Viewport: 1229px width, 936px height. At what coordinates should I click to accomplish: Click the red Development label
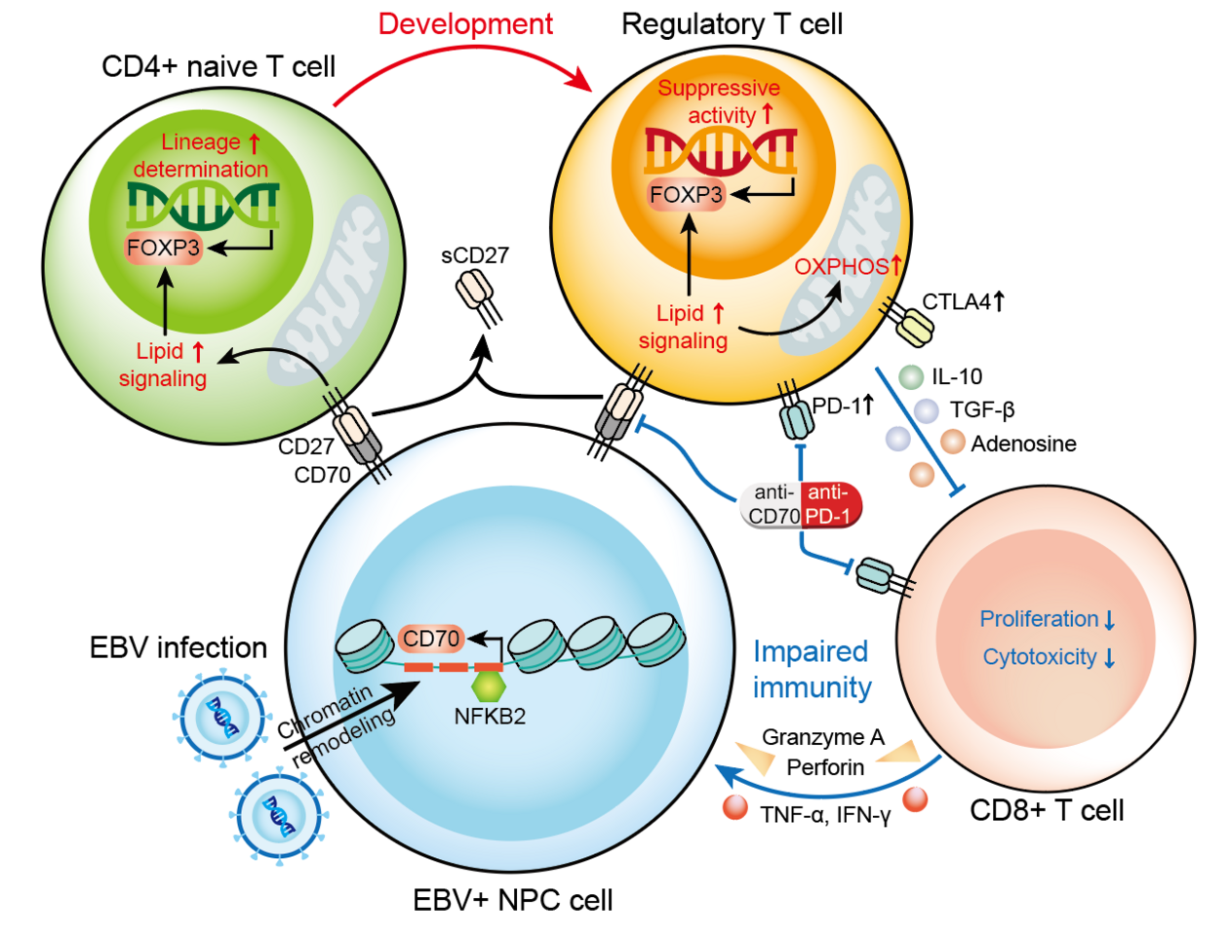(465, 24)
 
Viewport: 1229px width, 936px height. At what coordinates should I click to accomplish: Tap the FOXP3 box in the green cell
(163, 248)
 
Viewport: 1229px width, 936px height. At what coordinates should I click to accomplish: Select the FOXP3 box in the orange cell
(686, 195)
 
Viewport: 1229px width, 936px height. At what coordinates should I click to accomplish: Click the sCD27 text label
(475, 255)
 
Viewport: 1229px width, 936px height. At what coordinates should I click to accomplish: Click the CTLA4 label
(956, 302)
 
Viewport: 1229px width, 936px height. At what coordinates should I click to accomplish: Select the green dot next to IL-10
(911, 376)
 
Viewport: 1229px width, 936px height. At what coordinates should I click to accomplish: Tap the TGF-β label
(982, 410)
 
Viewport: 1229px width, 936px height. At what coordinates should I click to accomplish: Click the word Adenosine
(1023, 444)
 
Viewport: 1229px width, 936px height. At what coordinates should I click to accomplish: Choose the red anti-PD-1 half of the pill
(829, 504)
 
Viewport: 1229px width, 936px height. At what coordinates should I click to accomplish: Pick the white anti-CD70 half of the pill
(773, 504)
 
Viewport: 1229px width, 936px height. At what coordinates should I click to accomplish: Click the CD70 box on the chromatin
(430, 640)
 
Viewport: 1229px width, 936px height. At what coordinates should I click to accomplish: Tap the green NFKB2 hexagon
(488, 686)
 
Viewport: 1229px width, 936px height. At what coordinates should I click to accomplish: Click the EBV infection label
(178, 647)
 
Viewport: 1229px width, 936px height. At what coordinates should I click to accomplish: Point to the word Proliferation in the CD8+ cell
(1039, 619)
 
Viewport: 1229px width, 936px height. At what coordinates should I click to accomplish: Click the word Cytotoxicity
(1040, 657)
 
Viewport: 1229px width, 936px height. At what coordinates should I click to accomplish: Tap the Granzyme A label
(822, 737)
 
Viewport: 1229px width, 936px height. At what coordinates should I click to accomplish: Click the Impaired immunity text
(812, 669)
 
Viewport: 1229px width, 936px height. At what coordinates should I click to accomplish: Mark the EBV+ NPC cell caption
(513, 899)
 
